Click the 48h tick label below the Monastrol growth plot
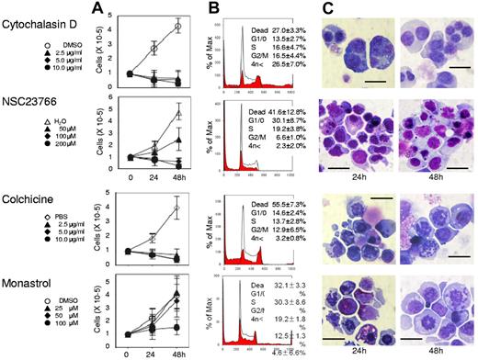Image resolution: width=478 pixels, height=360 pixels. tap(178, 350)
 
